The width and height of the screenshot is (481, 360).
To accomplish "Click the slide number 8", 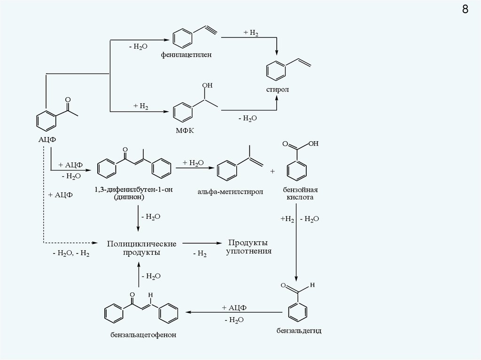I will (x=465, y=10).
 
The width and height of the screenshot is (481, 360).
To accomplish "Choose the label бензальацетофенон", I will (x=140, y=335).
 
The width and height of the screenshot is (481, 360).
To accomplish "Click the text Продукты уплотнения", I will (x=248, y=247).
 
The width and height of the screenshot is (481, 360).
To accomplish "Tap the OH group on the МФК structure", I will (x=207, y=86).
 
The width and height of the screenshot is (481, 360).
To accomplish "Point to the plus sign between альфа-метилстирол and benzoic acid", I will (x=272, y=171).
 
